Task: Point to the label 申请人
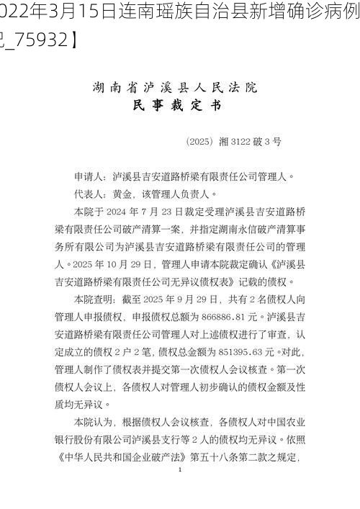90,176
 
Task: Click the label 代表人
90,194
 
